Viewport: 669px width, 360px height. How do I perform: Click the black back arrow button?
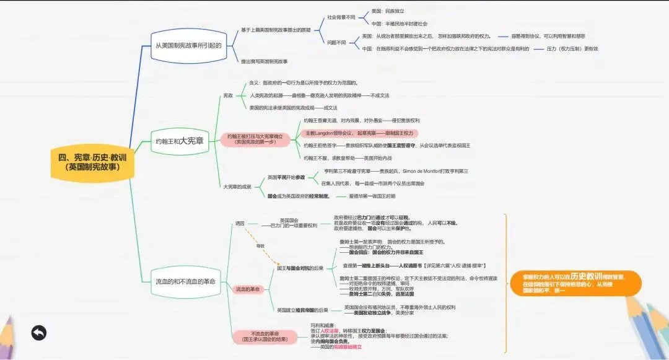point(38,333)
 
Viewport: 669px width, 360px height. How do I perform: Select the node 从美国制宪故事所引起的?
point(188,45)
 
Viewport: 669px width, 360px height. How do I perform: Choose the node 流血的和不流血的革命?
point(186,281)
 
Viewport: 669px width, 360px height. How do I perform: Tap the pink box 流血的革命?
point(248,289)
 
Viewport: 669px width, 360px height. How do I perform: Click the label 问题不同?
point(336,42)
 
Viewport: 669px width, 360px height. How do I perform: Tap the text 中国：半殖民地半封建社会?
point(404,24)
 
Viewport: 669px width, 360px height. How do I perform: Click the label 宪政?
point(228,95)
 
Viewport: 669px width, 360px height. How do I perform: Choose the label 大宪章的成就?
point(238,187)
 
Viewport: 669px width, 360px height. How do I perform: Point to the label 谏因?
point(240,223)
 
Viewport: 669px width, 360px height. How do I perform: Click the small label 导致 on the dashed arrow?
point(260,246)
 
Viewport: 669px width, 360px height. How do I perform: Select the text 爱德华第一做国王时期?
point(372,196)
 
